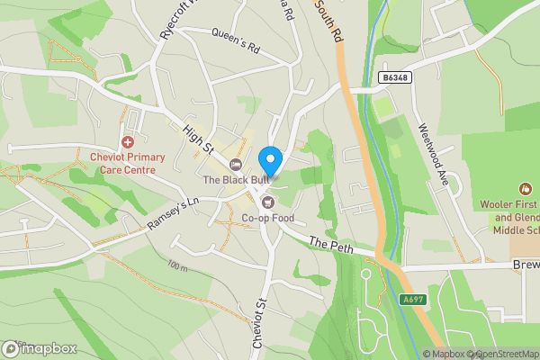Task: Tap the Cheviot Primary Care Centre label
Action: coord(127,164)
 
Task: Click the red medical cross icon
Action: coord(128,142)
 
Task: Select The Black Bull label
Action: coord(235,180)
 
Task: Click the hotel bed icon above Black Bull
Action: coord(236,164)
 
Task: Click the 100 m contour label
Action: coord(177,267)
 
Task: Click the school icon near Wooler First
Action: coord(525,189)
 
